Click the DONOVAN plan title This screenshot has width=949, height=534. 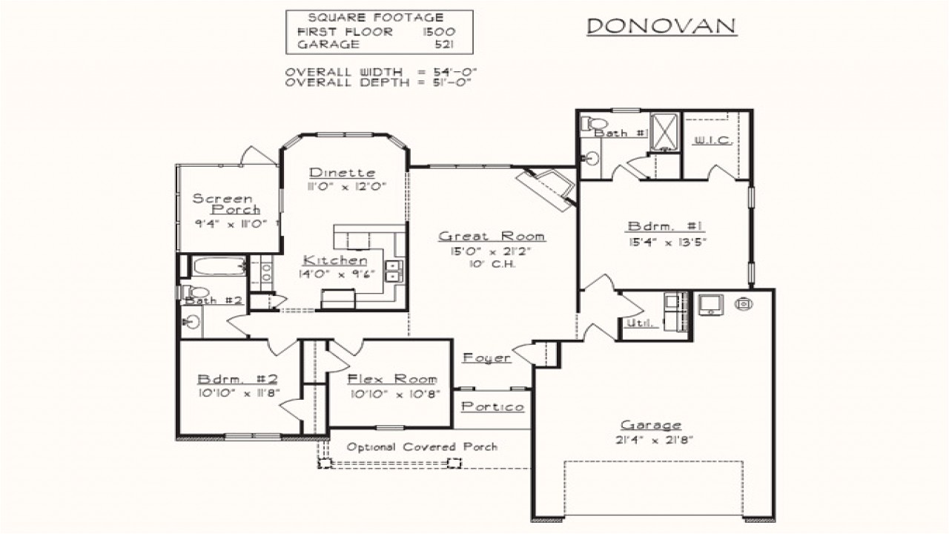(x=661, y=27)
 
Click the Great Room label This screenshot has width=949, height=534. (x=492, y=237)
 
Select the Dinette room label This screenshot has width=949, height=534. (x=342, y=173)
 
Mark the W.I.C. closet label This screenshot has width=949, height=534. (x=712, y=140)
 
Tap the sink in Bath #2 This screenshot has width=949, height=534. (x=191, y=322)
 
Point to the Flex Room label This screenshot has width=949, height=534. (x=392, y=379)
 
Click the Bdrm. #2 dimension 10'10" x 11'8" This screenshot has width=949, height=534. (x=237, y=393)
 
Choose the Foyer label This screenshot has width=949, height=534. (x=486, y=358)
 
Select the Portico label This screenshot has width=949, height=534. (x=492, y=406)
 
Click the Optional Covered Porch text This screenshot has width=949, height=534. (x=422, y=447)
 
